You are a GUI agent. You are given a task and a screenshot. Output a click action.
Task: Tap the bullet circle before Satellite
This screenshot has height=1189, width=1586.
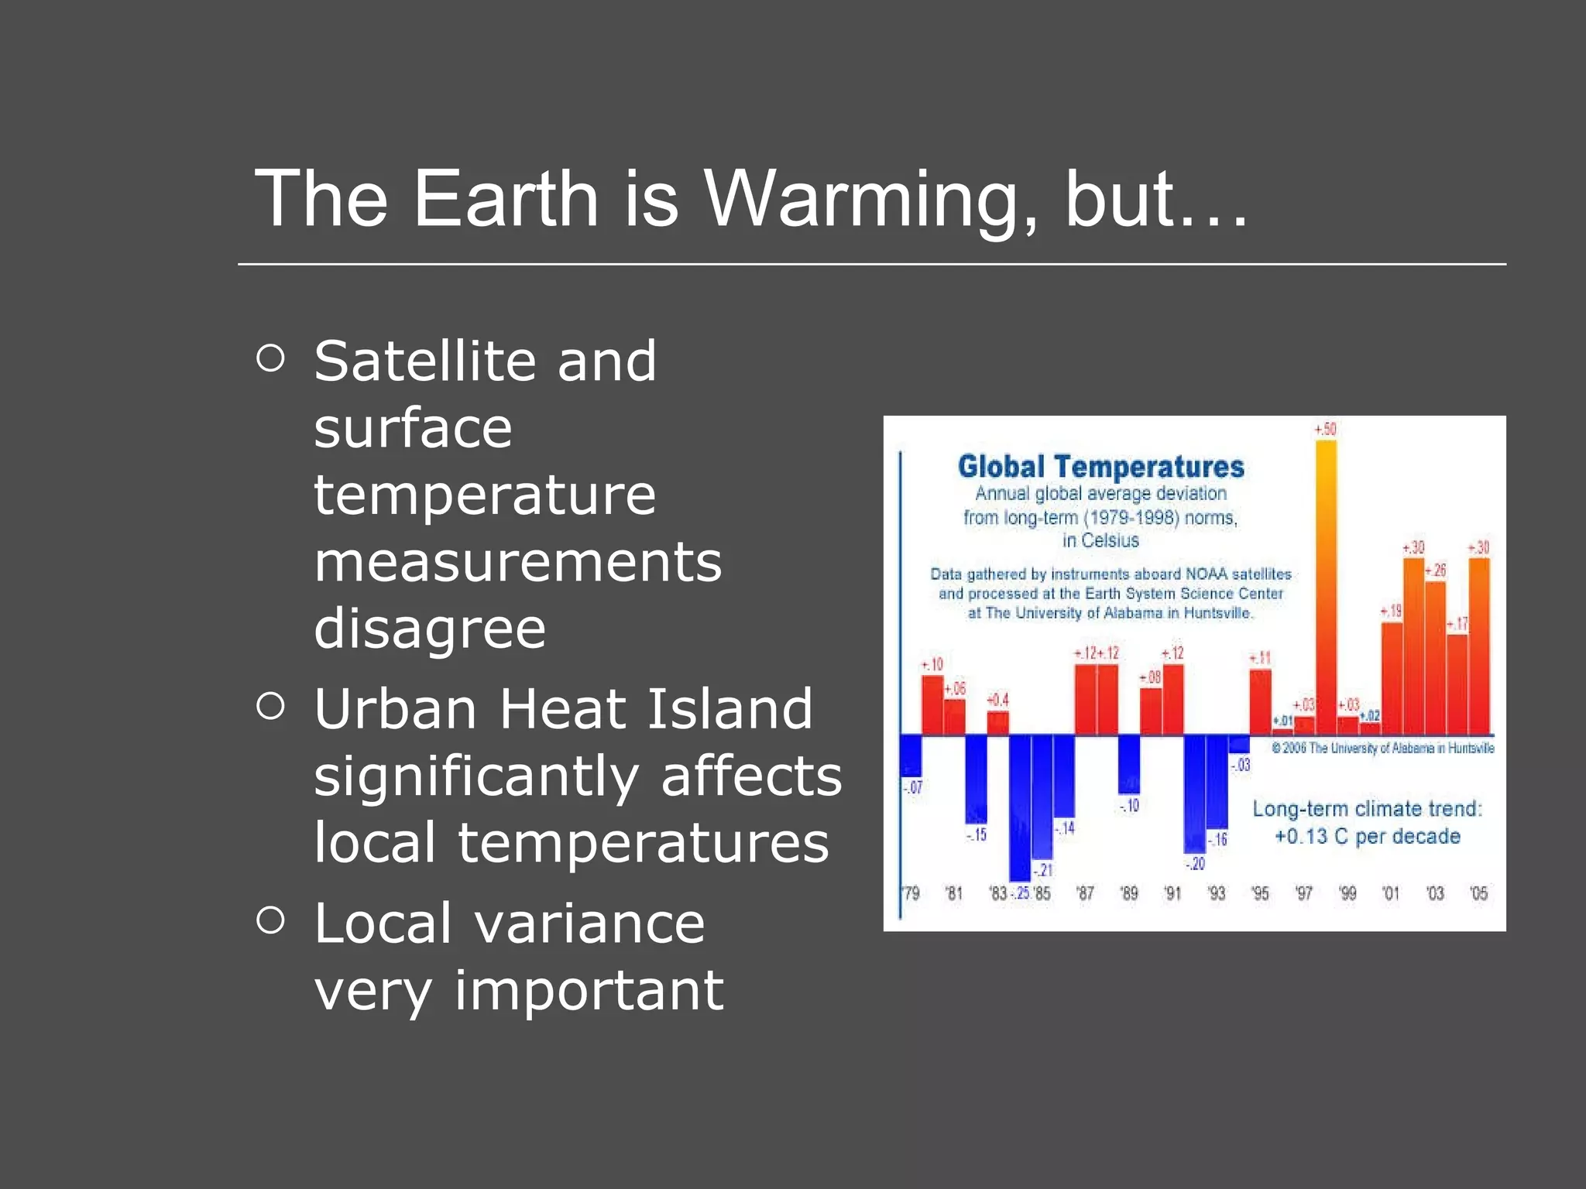click(270, 358)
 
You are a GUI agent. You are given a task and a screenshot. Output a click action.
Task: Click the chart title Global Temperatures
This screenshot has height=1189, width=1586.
click(1100, 467)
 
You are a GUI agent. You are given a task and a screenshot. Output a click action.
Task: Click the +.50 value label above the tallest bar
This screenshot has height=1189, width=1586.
click(1325, 429)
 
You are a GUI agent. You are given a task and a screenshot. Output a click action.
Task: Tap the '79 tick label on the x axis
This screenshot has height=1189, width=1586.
click(911, 893)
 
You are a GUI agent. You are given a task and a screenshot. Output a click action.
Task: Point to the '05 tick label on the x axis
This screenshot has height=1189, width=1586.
click(1478, 893)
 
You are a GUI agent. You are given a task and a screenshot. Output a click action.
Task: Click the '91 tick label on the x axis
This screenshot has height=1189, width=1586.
click(1172, 893)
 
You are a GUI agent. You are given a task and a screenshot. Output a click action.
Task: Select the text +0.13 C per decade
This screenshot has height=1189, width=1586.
click(1367, 837)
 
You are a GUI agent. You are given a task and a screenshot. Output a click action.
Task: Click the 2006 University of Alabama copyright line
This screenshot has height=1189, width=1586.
click(1382, 748)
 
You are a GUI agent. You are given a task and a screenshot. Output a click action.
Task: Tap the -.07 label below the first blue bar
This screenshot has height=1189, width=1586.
click(912, 787)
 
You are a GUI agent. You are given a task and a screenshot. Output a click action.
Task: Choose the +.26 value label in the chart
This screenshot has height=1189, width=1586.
click(1435, 571)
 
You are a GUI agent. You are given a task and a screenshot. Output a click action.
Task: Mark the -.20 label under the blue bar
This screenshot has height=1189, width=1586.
click(1195, 863)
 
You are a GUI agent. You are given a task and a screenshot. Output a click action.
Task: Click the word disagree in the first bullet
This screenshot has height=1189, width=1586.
click(430, 628)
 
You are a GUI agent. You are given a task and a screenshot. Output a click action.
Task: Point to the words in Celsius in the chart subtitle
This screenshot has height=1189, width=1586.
click(1100, 540)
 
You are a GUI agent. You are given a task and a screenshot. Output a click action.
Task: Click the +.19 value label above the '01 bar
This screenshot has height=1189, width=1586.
click(1391, 611)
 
